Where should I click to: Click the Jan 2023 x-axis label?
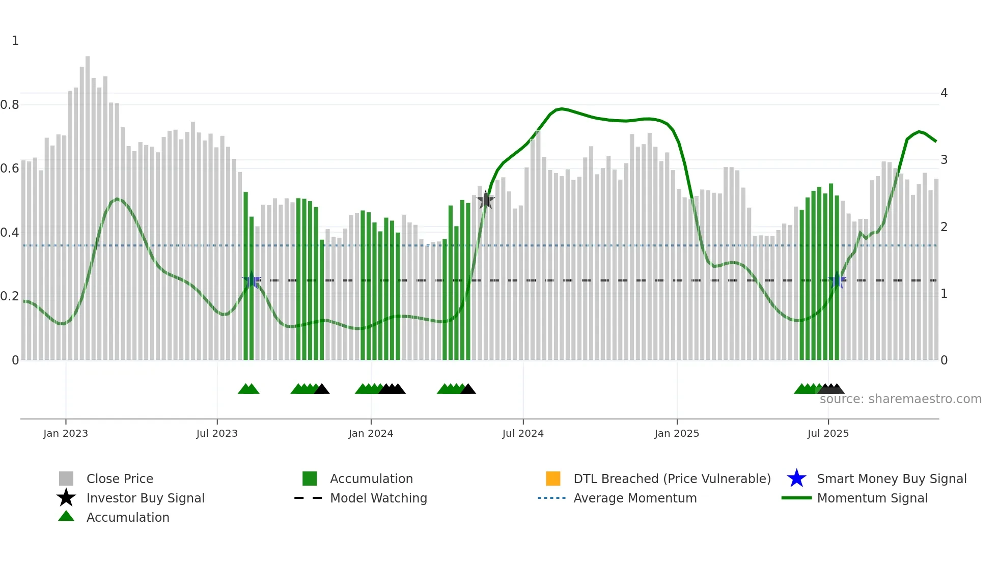click(66, 433)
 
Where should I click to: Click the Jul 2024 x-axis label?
click(523, 433)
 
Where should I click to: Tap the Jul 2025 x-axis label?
click(828, 433)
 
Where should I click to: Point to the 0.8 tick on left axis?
click(10, 105)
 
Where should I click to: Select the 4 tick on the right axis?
click(944, 93)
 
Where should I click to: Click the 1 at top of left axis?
click(15, 41)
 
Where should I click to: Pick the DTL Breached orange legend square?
click(553, 479)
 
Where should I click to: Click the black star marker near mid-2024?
click(486, 201)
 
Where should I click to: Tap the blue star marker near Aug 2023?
click(252, 280)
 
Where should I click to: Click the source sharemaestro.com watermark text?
click(900, 399)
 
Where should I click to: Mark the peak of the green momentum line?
click(561, 108)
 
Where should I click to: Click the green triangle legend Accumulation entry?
click(127, 517)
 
